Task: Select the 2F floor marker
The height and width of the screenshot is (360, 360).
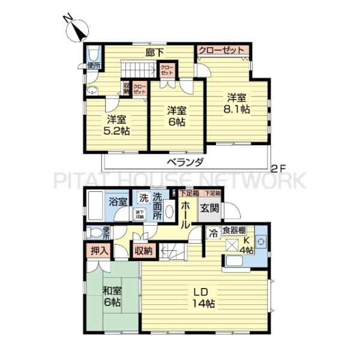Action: tap(277, 168)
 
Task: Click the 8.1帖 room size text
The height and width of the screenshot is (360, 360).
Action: tap(238, 109)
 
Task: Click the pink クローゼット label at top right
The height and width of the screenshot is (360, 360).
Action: tap(222, 50)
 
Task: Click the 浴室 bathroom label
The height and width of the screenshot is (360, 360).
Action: tap(118, 202)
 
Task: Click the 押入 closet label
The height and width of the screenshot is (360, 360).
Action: tap(99, 251)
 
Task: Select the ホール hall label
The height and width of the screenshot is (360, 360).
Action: tap(185, 213)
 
